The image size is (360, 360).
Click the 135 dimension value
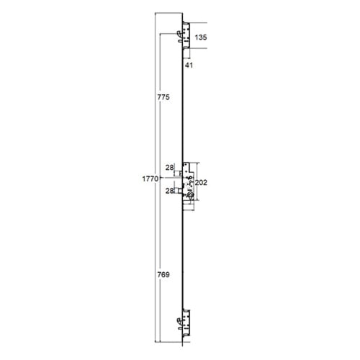pyautogui.click(x=201, y=37)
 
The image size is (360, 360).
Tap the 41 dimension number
pyautogui.click(x=189, y=65)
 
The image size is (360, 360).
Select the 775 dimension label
pyautogui.click(x=163, y=97)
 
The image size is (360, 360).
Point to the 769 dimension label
pyautogui.click(x=163, y=274)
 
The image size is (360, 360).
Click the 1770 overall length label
pyautogui.click(x=150, y=179)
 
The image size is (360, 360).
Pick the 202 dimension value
pyautogui.click(x=201, y=183)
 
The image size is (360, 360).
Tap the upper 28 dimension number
pyautogui.click(x=169, y=168)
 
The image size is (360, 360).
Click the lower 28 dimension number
pyautogui.click(x=169, y=191)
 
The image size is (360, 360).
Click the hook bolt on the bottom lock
pyautogui.click(x=179, y=320)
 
